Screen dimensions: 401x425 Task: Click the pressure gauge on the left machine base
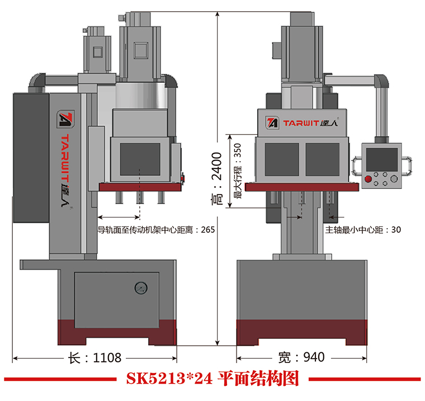139,289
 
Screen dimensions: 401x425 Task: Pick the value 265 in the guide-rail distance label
207,229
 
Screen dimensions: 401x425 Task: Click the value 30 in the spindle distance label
396,229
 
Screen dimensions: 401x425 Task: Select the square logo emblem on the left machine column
64,120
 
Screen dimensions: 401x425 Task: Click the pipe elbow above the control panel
381,82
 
